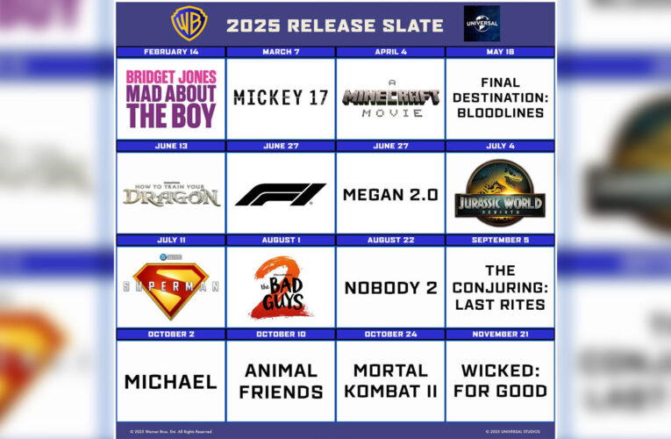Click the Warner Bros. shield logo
coord(189,24)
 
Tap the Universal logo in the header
coord(482,24)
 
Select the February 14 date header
coord(171,52)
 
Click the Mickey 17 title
coord(281,97)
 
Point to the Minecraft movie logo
coord(390,97)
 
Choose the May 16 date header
coord(500,52)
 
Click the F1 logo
coord(281,194)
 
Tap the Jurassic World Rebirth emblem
coord(500,193)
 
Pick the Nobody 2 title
coord(390,288)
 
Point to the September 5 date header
coord(500,240)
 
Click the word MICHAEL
coord(171,382)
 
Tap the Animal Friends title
coord(281,382)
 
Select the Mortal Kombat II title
coord(390,382)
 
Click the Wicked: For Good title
coord(500,382)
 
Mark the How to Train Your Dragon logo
coord(171,195)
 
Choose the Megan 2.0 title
coord(390,194)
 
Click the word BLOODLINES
coord(500,112)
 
